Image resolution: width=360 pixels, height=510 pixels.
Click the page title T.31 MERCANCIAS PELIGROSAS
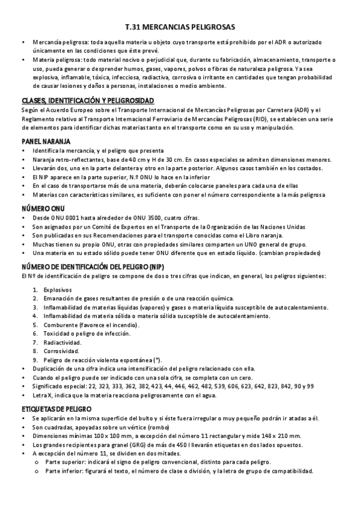[180, 28]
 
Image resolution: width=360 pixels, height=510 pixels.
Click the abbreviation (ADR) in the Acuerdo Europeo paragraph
[294, 109]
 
